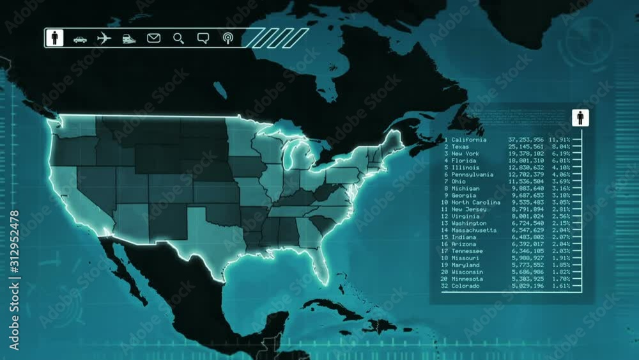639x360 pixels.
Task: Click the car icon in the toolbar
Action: coord(80,39)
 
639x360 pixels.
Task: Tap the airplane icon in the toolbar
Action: coord(104,38)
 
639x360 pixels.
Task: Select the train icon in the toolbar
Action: coord(129,38)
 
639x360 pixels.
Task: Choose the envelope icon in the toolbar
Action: coord(153,38)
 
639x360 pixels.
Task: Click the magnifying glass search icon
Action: coord(178,38)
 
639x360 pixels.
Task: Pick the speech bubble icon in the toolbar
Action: coord(203,38)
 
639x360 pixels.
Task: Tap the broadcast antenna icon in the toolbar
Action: coord(227,38)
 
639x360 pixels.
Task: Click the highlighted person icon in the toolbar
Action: coord(54,38)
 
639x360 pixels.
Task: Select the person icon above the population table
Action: coord(580,118)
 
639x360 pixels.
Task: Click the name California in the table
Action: coord(468,139)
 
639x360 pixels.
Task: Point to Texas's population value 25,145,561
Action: coord(526,146)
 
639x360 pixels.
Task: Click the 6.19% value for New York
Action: coord(561,153)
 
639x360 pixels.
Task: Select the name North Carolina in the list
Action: coord(476,202)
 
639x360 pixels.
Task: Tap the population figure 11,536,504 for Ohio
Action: coord(526,181)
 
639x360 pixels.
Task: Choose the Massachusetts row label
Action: coord(473,230)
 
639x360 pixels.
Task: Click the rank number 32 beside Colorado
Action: coord(445,286)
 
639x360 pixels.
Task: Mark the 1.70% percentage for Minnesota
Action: coord(561,279)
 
